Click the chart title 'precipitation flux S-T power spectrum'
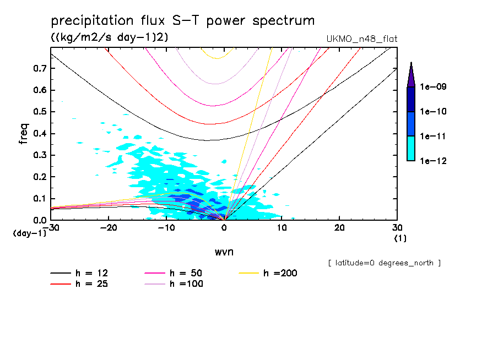183,21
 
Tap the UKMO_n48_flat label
362,39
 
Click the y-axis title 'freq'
23,134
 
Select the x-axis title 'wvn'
223,252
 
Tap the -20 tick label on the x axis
109,228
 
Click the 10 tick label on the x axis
282,228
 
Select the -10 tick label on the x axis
166,228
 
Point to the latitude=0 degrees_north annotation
384,263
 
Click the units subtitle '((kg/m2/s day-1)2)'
109,37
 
